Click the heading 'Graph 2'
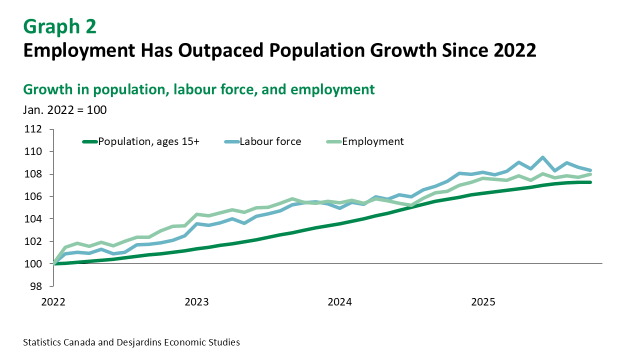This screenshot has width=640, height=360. (59, 27)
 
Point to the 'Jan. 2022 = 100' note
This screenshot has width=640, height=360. (64, 109)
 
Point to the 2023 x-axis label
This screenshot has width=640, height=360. (196, 302)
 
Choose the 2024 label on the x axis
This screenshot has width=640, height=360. (340, 302)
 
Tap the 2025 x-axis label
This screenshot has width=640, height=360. (483, 302)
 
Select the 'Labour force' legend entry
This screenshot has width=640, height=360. (270, 141)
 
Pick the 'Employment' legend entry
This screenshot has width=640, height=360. (372, 141)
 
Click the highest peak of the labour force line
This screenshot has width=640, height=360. (542, 157)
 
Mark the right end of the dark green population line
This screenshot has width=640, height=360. (590, 182)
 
